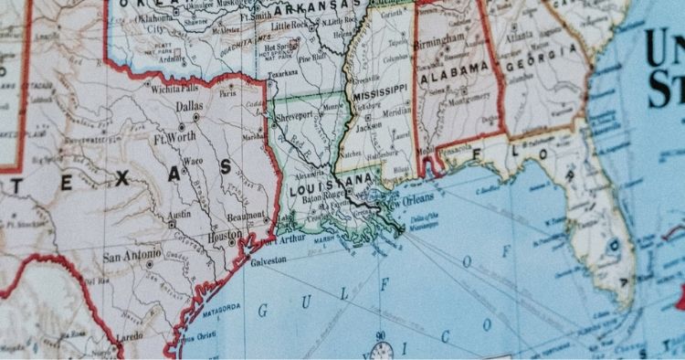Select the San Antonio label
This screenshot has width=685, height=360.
(x=128, y=257)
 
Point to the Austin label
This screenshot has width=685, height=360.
(x=179, y=215)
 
